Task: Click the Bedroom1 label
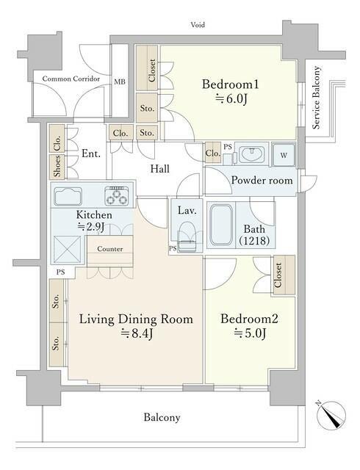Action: click(230, 84)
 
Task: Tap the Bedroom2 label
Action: click(249, 319)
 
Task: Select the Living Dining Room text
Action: click(136, 319)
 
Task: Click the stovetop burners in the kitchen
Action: click(117, 196)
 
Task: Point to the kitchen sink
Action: click(68, 196)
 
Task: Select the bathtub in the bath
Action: click(221, 225)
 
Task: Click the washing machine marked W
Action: click(284, 155)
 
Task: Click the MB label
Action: click(120, 82)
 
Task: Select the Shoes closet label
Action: click(57, 166)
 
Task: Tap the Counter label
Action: click(110, 249)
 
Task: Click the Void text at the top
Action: click(198, 24)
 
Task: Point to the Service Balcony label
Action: click(316, 98)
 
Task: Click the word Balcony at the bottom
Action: click(162, 417)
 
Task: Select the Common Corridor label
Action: click(71, 79)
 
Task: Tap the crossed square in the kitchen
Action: click(67, 249)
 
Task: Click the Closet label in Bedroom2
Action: click(278, 275)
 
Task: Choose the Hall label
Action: click(160, 169)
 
